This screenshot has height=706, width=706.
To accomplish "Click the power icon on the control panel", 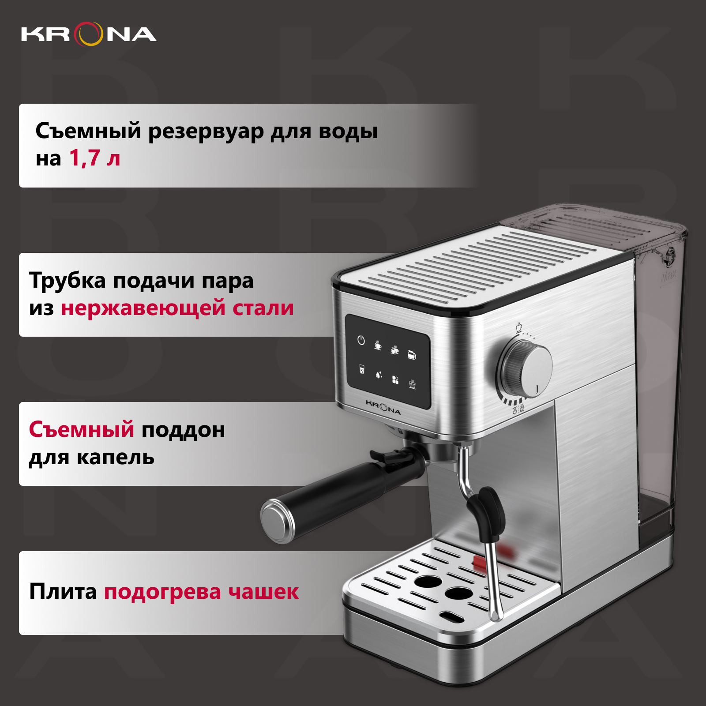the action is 361,340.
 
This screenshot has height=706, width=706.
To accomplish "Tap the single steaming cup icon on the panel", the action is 378,345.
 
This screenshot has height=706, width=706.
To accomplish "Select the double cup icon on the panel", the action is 394,349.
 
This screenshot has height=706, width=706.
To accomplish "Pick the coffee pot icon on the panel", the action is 412,354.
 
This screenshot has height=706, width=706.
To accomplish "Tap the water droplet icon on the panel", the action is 379,375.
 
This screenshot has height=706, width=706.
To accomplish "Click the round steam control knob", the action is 526,370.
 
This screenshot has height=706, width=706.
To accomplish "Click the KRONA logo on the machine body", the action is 383,408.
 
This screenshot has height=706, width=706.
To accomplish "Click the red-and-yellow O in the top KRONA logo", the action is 88,34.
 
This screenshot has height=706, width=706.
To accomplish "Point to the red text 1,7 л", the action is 95,158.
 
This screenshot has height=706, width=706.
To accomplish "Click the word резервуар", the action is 206,132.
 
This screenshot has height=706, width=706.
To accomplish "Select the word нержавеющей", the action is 143,308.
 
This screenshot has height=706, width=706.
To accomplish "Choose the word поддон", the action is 183,430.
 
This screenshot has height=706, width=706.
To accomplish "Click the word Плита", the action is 63,591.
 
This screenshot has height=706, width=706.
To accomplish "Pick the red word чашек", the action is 263,592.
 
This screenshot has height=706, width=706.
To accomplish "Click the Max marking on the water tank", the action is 668,277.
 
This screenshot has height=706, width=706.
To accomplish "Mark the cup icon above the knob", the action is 519,327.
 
